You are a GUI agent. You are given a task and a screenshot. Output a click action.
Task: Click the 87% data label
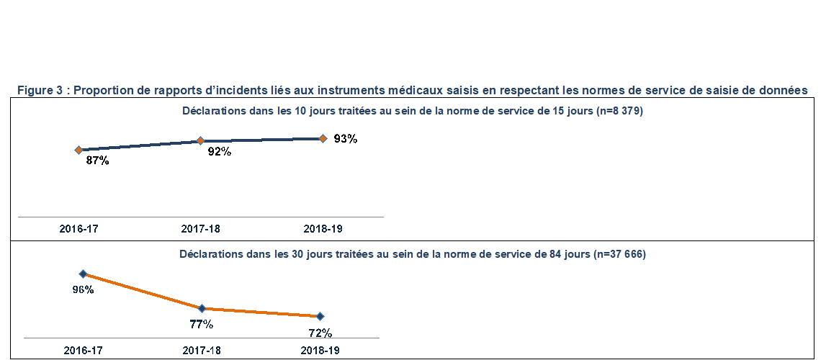point(97,161)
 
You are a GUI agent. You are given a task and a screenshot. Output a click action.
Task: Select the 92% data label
point(219,152)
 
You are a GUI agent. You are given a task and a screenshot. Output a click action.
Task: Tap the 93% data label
point(346,139)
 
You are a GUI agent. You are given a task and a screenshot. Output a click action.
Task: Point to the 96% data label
point(83,289)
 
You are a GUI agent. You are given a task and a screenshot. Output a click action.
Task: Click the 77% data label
point(201,324)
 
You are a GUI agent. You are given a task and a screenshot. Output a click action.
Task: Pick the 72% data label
point(320,333)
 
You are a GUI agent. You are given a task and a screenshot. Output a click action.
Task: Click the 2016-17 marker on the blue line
point(78,150)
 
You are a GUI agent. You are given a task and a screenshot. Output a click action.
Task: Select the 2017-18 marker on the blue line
point(201,141)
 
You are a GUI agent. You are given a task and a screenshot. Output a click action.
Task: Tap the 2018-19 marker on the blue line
point(323,138)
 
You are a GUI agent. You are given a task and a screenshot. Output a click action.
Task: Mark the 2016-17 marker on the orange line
point(83,274)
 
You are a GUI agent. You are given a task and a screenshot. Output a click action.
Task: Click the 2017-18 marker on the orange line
point(202,308)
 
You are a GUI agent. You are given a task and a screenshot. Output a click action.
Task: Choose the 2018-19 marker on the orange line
point(320,316)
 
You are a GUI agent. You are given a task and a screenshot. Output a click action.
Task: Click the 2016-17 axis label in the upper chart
point(78,229)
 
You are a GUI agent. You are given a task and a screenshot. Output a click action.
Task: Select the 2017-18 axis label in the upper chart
point(200,229)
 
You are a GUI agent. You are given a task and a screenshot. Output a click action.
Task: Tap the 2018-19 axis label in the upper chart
point(323,229)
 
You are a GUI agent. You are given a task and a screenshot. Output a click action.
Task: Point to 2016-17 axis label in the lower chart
point(83,351)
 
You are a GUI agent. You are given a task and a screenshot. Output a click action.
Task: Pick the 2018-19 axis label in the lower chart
point(320,351)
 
